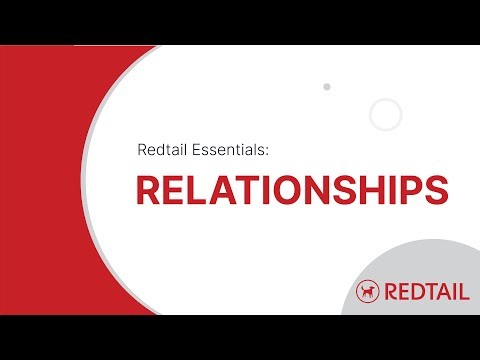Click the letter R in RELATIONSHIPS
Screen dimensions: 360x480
click(148, 192)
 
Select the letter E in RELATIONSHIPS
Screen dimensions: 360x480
click(173, 192)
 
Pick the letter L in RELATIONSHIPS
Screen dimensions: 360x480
click(195, 192)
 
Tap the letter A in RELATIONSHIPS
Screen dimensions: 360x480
click(219, 192)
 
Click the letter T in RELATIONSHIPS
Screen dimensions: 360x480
click(243, 192)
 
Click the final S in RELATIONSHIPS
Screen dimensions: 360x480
click(434, 192)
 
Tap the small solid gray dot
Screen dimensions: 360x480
click(327, 87)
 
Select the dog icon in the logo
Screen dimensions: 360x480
click(369, 291)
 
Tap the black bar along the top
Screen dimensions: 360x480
click(240, 22)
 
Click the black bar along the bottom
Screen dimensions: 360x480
click(240, 337)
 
